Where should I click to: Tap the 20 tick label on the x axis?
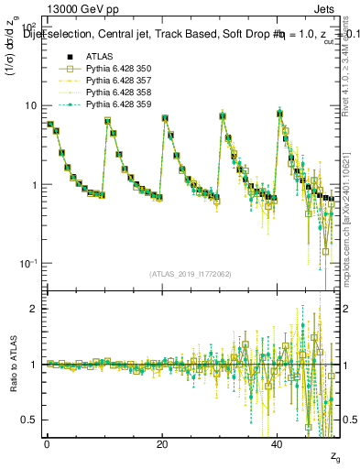pos(162,442)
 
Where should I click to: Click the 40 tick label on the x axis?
pos(278,442)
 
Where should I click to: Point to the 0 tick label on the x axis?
pos(48,442)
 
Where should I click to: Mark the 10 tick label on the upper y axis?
pos(30,105)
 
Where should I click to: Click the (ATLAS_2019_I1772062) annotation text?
pos(190,273)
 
